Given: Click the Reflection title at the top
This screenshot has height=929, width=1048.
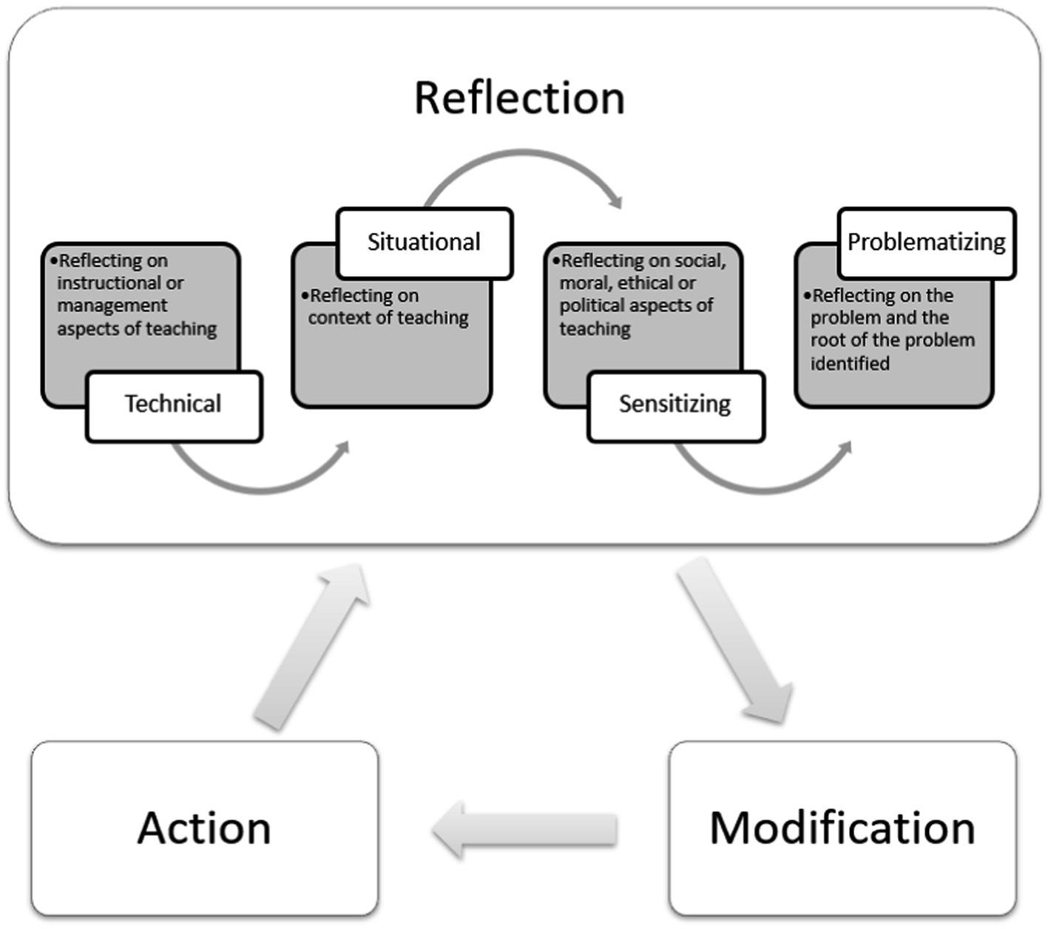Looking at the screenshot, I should point(519,98).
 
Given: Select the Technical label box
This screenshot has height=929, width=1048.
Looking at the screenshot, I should point(174,405).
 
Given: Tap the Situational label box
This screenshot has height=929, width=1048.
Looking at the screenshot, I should point(424,243).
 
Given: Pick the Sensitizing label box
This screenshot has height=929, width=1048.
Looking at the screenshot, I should point(675,405).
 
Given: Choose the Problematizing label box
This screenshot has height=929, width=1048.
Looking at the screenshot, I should point(926,243).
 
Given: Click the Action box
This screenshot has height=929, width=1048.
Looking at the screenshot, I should point(204,828).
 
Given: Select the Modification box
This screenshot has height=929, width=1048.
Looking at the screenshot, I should point(842,828).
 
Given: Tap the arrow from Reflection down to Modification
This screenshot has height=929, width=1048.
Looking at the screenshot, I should point(735,641).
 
